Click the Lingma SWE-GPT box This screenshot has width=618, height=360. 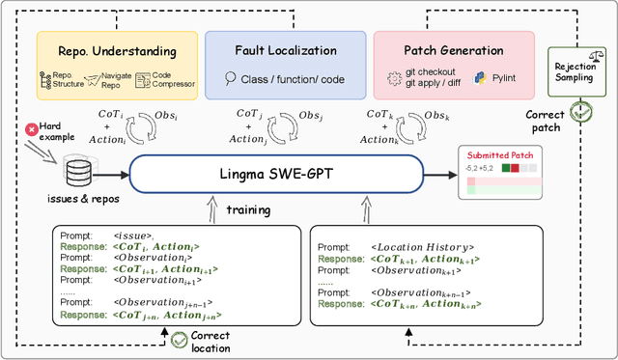pyautogui.click(x=275, y=175)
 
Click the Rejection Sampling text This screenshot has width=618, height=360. pyautogui.click(x=573, y=74)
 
